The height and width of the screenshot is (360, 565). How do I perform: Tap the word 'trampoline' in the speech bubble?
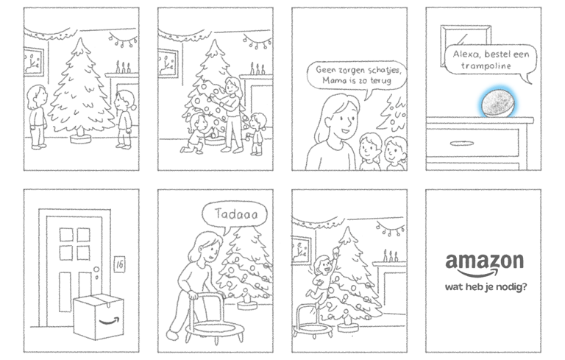pyautogui.click(x=486, y=66)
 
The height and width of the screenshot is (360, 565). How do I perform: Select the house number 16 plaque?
pyautogui.click(x=119, y=264)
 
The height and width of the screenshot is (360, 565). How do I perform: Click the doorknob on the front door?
pyautogui.click(x=96, y=270)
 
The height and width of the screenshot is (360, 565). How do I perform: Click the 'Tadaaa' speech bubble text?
pyautogui.click(x=236, y=214)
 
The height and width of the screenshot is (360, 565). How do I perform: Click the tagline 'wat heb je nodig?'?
pyautogui.click(x=486, y=287)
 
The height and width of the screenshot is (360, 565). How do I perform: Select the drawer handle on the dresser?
pyautogui.click(x=461, y=144)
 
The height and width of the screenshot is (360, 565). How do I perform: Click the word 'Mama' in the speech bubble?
pyautogui.click(x=332, y=80)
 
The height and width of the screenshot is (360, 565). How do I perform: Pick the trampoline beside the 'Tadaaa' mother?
pyautogui.click(x=214, y=321)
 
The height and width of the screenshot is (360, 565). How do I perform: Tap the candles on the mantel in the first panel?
pyautogui.click(x=123, y=67)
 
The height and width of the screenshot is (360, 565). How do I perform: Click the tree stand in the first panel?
pyautogui.click(x=81, y=138)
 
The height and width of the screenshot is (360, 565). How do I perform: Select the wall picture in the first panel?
pyautogui.click(x=34, y=62)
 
